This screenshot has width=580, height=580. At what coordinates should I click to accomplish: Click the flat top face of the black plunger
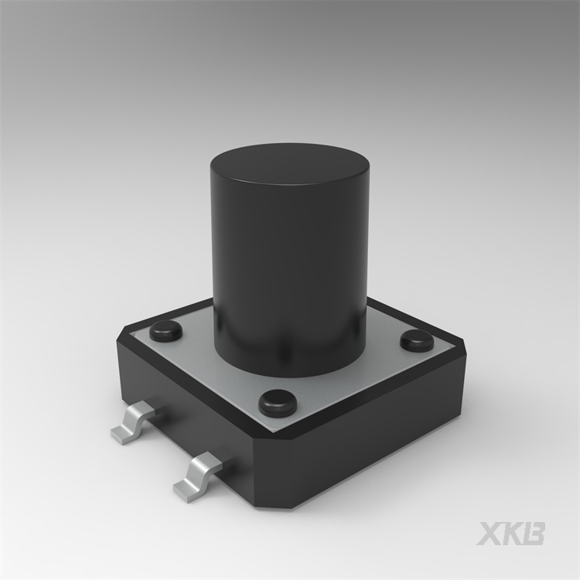pos(290,164)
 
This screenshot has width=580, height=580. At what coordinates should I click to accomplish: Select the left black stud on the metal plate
pos(166,331)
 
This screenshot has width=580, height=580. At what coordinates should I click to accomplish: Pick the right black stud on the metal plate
pos(418,341)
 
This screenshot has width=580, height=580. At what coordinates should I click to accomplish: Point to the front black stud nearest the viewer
pos(278,402)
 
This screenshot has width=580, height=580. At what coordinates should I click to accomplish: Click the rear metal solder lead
pos(132,423)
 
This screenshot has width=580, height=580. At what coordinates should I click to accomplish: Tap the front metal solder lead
pos(197,476)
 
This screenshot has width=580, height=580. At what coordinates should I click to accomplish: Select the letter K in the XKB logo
pos(513,534)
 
